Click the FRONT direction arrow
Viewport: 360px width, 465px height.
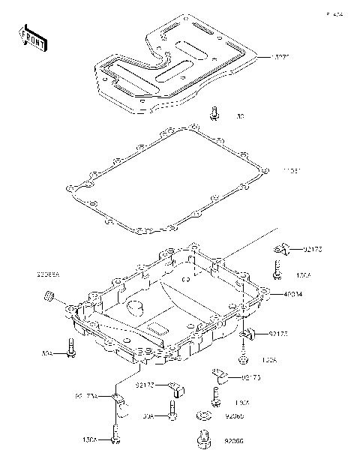coord(33,38)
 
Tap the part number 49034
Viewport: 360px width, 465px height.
coord(293,295)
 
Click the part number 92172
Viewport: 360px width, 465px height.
coord(145,385)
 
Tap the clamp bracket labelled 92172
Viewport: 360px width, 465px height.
coord(175,388)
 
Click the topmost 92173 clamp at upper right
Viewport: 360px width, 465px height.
coord(281,248)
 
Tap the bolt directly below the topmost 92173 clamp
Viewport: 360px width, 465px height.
coord(277,271)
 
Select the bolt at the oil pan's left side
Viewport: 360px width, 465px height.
coord(70,348)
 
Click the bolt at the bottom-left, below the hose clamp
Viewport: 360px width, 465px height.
coord(115,436)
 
